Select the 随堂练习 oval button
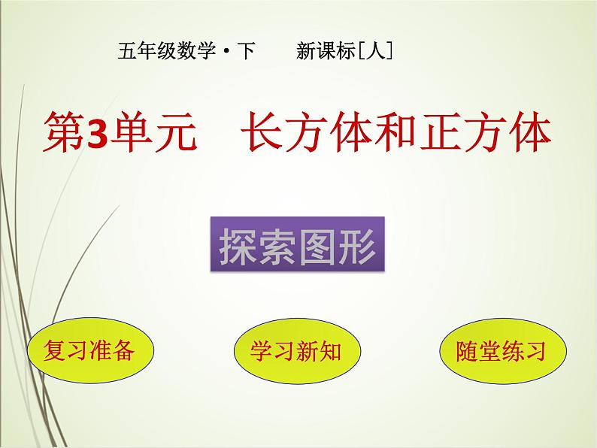500,352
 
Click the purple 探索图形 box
297,245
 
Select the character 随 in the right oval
468,352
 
